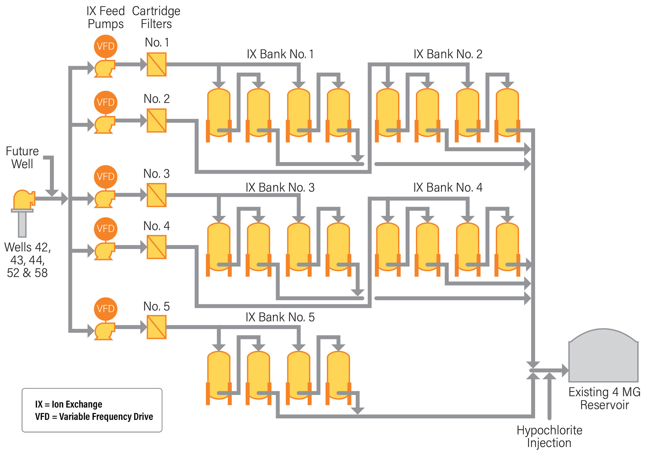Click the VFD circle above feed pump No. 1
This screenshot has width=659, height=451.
point(105,46)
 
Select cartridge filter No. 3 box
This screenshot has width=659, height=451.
point(156,195)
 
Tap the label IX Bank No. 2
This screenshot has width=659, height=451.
point(447,54)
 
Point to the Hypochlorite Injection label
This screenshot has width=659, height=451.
point(549,436)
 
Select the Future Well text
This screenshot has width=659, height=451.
point(22,157)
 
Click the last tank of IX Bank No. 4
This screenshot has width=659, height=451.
point(507,247)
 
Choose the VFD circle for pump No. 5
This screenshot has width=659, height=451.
point(105,309)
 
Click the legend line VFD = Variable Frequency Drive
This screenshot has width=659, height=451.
point(94,417)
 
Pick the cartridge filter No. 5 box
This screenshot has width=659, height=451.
point(156,327)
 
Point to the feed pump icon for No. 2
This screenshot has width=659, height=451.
point(105,124)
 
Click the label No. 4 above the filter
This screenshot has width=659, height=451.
point(156,226)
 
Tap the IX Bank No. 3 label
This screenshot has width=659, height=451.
point(280,188)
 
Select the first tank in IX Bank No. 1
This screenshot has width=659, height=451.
point(219,113)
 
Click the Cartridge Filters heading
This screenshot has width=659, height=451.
point(156,17)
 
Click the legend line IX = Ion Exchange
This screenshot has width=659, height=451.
point(68,404)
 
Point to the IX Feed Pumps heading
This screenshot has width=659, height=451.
point(105,17)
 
